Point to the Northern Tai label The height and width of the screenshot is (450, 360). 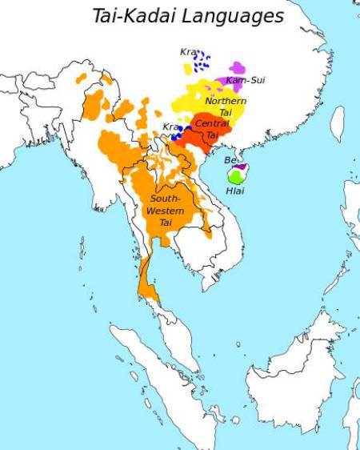(226, 106)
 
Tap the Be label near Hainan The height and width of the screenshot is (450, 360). (230, 160)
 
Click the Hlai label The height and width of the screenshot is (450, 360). (235, 191)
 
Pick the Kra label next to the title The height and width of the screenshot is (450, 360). (188, 53)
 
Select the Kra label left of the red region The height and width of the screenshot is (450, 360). (170, 127)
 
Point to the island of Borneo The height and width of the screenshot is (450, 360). (288, 376)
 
